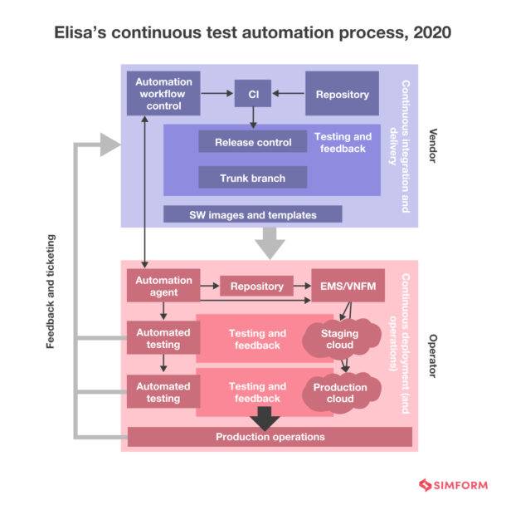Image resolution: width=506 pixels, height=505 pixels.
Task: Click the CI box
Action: coord(253,95)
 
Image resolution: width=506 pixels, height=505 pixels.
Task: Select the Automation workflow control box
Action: coord(163,94)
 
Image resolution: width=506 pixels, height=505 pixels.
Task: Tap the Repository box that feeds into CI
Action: coord(343,95)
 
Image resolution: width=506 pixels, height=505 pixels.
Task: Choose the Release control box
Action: coord(253,142)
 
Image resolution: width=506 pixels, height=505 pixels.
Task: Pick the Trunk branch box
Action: coord(252,178)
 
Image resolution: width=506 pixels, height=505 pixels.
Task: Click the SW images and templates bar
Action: coord(252,214)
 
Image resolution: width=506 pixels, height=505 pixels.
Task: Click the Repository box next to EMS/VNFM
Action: coord(256,287)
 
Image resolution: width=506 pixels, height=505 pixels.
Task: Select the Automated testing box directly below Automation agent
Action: coord(163,339)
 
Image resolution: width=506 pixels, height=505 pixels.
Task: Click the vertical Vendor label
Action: coord(432,146)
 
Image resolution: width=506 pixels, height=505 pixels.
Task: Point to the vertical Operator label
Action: coord(432,355)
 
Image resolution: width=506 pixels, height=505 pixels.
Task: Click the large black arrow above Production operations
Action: coord(265,418)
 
